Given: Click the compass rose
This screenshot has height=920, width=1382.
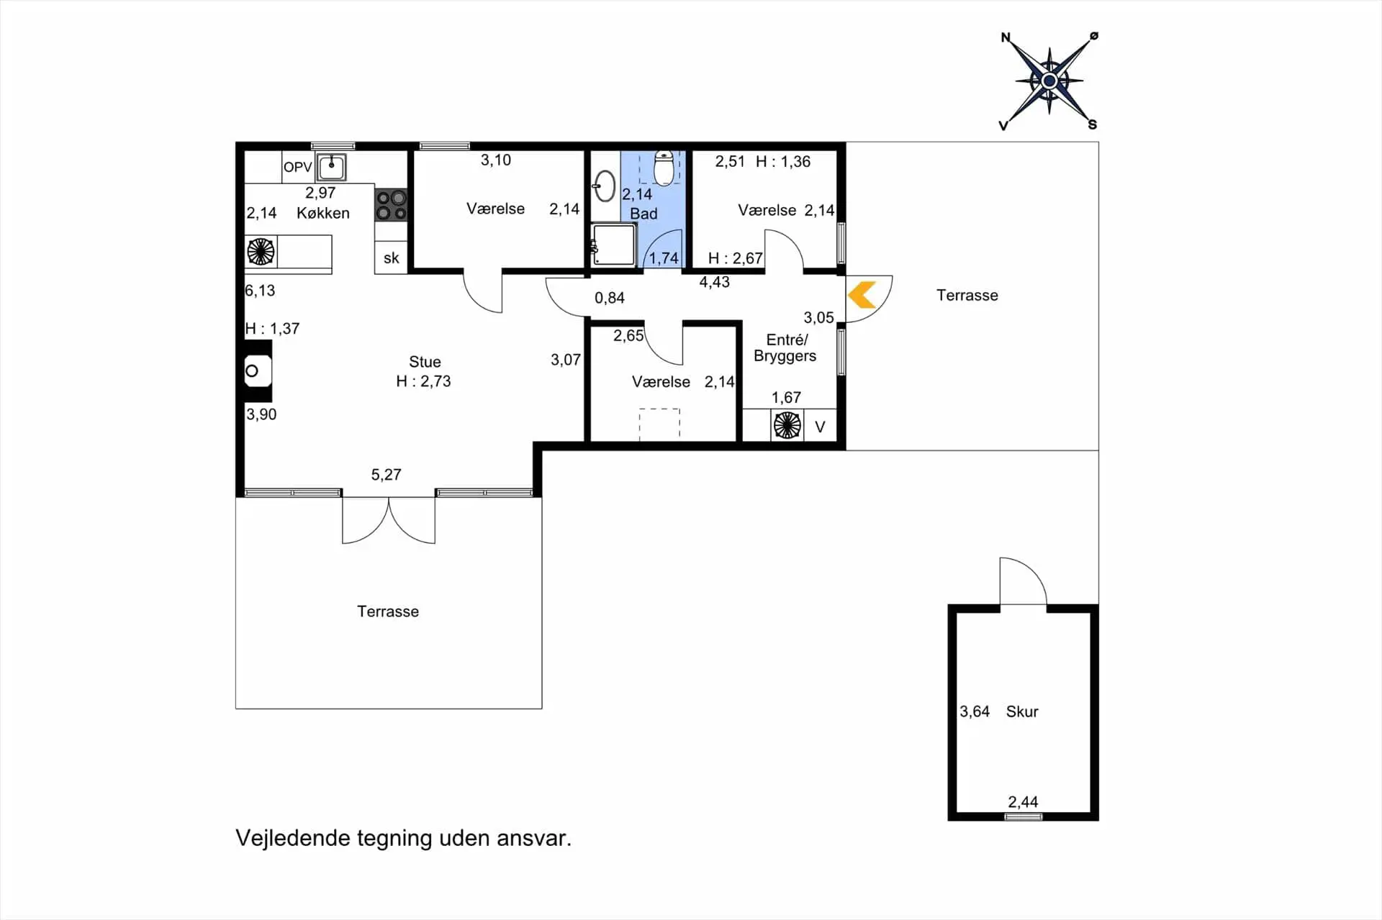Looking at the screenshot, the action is [x=1049, y=81].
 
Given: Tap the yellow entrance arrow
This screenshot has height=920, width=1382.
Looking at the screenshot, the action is [x=862, y=296].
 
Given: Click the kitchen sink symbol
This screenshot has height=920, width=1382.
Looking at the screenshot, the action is [x=331, y=168].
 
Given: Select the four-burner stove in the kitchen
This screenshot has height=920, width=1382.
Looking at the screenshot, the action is [x=391, y=204].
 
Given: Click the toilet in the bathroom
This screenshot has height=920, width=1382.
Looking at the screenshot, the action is [x=664, y=168].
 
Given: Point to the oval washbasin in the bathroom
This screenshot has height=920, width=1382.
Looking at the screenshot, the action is [x=604, y=186].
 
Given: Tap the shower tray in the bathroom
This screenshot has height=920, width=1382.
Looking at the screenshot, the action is [x=613, y=245].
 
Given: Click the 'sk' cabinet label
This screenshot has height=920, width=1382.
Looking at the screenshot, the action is [x=391, y=258].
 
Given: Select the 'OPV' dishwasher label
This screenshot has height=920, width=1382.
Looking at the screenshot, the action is [x=297, y=168].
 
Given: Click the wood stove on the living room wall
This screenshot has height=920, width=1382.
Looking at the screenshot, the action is [x=258, y=372].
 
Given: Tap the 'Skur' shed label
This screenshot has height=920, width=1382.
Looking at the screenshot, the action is [x=1022, y=711].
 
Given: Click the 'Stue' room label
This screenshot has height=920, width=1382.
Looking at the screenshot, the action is [x=425, y=362].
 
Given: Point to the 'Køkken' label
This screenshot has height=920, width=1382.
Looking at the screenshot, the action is [x=323, y=213].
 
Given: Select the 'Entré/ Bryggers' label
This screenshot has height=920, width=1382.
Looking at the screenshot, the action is [x=785, y=348].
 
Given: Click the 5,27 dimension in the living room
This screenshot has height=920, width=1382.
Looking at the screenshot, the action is [x=386, y=475].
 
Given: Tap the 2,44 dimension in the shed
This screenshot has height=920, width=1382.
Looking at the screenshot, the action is [x=1023, y=802].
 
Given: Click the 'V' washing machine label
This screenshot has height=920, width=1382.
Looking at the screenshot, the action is [x=820, y=427].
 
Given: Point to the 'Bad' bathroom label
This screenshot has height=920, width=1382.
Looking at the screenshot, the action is [x=643, y=214].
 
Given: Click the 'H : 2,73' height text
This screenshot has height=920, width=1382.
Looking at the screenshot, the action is [x=423, y=381].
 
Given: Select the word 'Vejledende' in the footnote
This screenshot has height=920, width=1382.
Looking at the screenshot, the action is [x=293, y=839].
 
